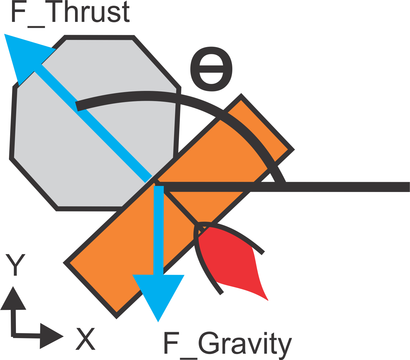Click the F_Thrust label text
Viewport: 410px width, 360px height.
pyautogui.click(x=71, y=13)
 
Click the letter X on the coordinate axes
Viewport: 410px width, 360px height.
pyautogui.click(x=86, y=339)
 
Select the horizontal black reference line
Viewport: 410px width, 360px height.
pyautogui.click(x=345, y=187)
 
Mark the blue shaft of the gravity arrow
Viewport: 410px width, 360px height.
pyautogui.click(x=158, y=231)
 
